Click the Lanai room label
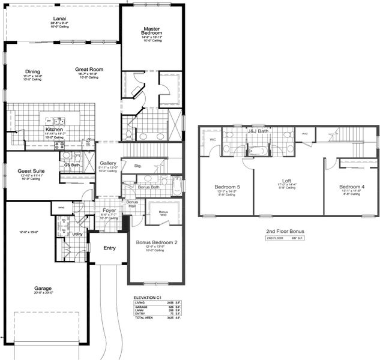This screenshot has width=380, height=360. [x=59, y=18]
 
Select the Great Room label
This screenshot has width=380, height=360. [x=89, y=70]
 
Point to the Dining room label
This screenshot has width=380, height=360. [x=32, y=71]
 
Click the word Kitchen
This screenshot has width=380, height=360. [x=54, y=129]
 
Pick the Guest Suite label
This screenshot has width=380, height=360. [x=30, y=170]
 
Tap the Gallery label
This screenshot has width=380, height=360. [x=108, y=163]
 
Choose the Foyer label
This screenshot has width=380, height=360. [x=109, y=211]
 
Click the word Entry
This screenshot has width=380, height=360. [x=110, y=248]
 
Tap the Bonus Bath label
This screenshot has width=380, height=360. [x=148, y=187]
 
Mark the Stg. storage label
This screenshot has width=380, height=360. [x=137, y=166]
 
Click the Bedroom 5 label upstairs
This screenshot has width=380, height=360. [x=228, y=187]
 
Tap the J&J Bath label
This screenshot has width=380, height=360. [x=258, y=131]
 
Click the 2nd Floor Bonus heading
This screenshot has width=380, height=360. [x=285, y=231]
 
